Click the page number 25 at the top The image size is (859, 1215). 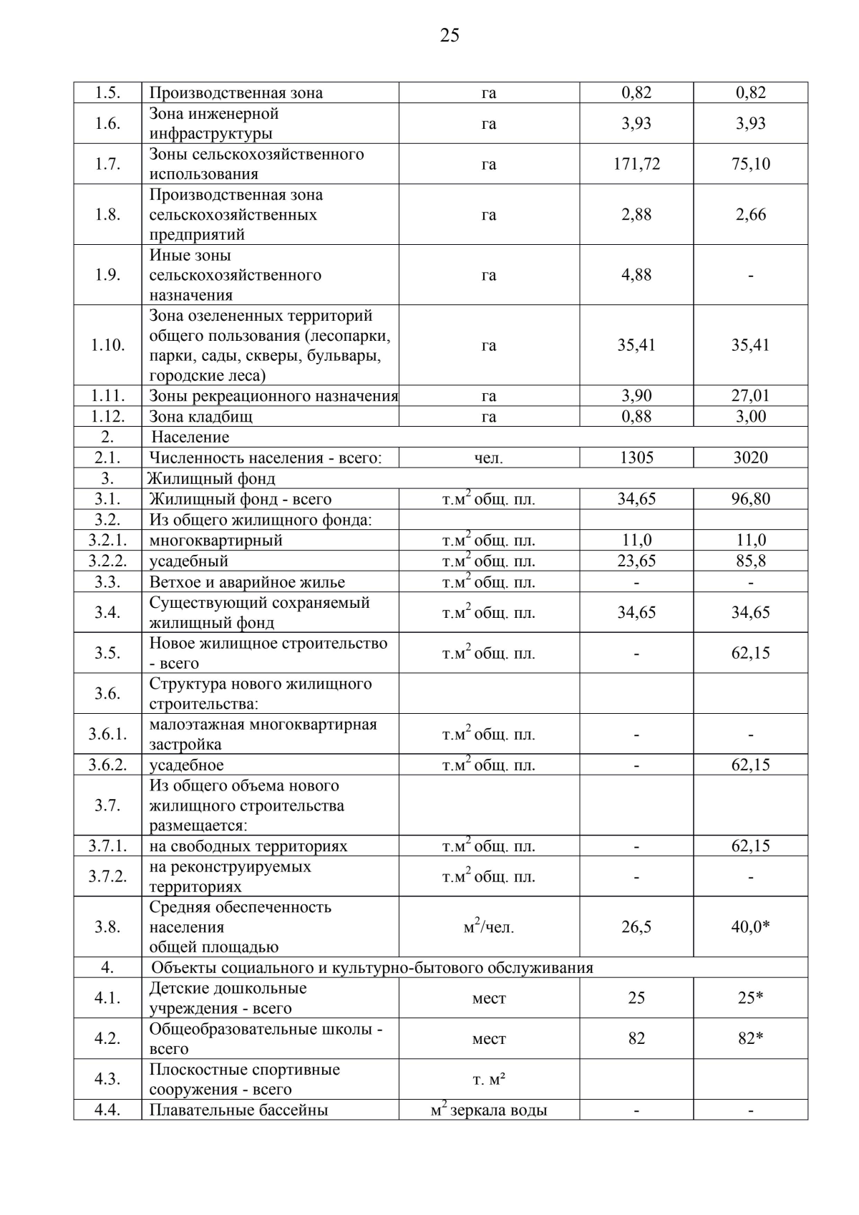pos(450,35)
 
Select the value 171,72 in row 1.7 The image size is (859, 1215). pos(636,164)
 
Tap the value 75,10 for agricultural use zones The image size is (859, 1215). pos(750,164)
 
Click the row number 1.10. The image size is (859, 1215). pos(107,345)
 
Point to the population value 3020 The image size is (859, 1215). pos(750,458)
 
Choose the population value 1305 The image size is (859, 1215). pos(636,458)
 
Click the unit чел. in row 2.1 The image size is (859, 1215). pos(489,458)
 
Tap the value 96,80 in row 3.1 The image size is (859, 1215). pos(750,499)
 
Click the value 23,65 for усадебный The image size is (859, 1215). pos(636,561)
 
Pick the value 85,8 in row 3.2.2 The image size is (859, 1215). pos(750,561)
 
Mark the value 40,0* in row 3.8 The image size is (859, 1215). pos(750,926)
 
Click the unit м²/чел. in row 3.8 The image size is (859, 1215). pos(489,927)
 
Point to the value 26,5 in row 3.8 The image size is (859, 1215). pos(636,926)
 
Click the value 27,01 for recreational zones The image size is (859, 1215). pos(750,396)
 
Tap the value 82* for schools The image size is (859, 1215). pos(750,1038)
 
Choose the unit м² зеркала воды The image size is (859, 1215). pos(489,1110)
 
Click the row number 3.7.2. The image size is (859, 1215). pos(107,876)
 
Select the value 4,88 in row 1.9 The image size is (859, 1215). pos(636,275)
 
